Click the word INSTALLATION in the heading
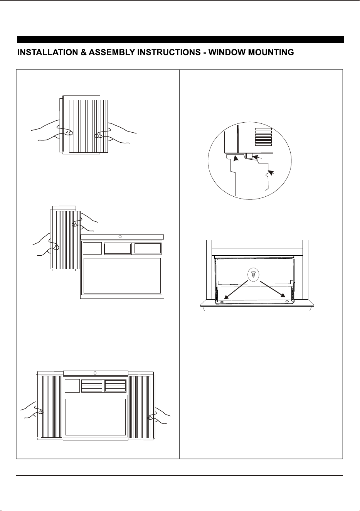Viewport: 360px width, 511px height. pos(48,52)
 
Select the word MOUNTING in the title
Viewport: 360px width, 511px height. pos(271,52)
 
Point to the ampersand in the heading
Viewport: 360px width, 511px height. pos(83,52)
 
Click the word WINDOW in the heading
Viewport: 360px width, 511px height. pos(227,52)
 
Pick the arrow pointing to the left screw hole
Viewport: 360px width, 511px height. pos(236,290)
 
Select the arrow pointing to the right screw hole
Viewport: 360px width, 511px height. pos(273,289)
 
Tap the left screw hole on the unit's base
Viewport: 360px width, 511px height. pos(222,302)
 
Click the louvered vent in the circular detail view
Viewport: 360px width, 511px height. pos(263,137)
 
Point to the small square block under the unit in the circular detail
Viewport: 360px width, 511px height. pos(249,156)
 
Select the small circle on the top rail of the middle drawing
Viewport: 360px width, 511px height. pos(120,237)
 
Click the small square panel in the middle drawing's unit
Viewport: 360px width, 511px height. pos(92,248)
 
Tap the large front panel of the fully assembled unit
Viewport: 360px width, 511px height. pos(96,417)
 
